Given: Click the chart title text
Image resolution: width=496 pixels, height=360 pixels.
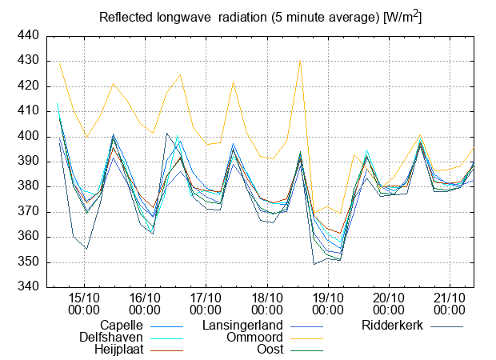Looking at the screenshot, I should click(260, 17).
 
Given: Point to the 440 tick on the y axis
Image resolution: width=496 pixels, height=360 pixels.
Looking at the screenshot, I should click(28, 36).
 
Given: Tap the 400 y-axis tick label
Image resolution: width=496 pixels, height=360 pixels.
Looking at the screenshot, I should click(28, 137).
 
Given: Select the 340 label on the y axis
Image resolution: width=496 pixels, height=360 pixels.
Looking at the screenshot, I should click(28, 287).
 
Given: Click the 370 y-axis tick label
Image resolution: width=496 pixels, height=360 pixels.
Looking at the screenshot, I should click(28, 212).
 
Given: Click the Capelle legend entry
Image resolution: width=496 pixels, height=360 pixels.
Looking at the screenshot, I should click(122, 326).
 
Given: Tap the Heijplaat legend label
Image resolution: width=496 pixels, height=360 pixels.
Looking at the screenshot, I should click(118, 350).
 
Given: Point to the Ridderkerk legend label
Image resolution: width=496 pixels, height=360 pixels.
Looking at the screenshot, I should click(392, 326).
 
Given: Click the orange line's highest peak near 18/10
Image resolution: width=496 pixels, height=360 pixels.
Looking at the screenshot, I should click(300, 61).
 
